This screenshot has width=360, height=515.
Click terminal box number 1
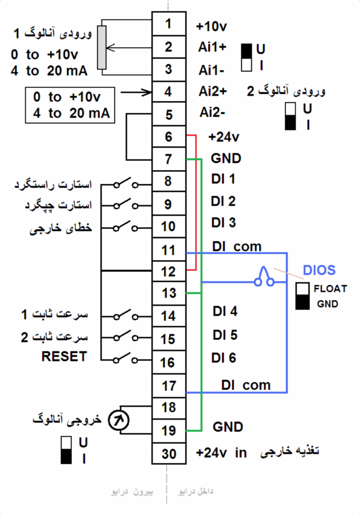168,24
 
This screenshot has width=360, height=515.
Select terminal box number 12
168,272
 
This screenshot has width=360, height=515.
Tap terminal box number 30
169,453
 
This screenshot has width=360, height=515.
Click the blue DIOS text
319,270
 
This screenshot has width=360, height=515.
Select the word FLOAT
330,289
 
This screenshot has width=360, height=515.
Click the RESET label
64,357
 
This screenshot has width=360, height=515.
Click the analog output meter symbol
119,420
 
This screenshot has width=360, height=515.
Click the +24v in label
221,453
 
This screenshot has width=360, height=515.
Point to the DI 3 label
224,222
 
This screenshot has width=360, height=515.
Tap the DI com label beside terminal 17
245,386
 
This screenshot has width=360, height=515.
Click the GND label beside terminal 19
228,427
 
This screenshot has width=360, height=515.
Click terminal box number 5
168,115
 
